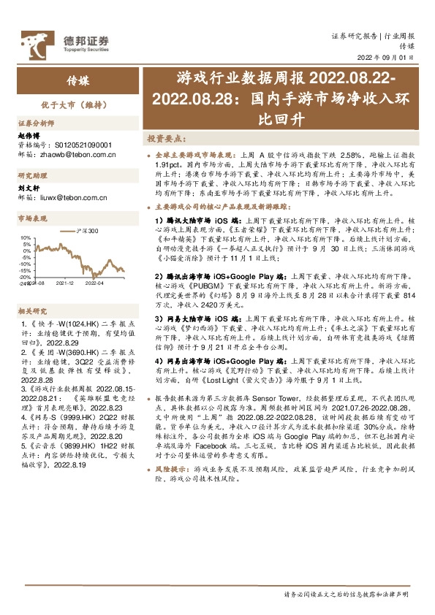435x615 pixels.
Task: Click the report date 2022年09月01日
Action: click(x=387, y=57)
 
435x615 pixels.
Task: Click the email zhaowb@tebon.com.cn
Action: click(x=76, y=154)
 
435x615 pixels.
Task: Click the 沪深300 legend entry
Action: click(x=86, y=231)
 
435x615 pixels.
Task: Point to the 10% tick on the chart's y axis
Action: click(x=26, y=237)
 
